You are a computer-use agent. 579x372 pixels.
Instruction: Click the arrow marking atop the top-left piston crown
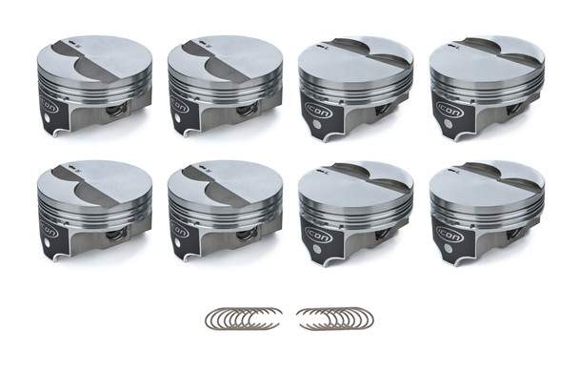click(x=70, y=44)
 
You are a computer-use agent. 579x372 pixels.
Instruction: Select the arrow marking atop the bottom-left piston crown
click(x=70, y=169)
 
